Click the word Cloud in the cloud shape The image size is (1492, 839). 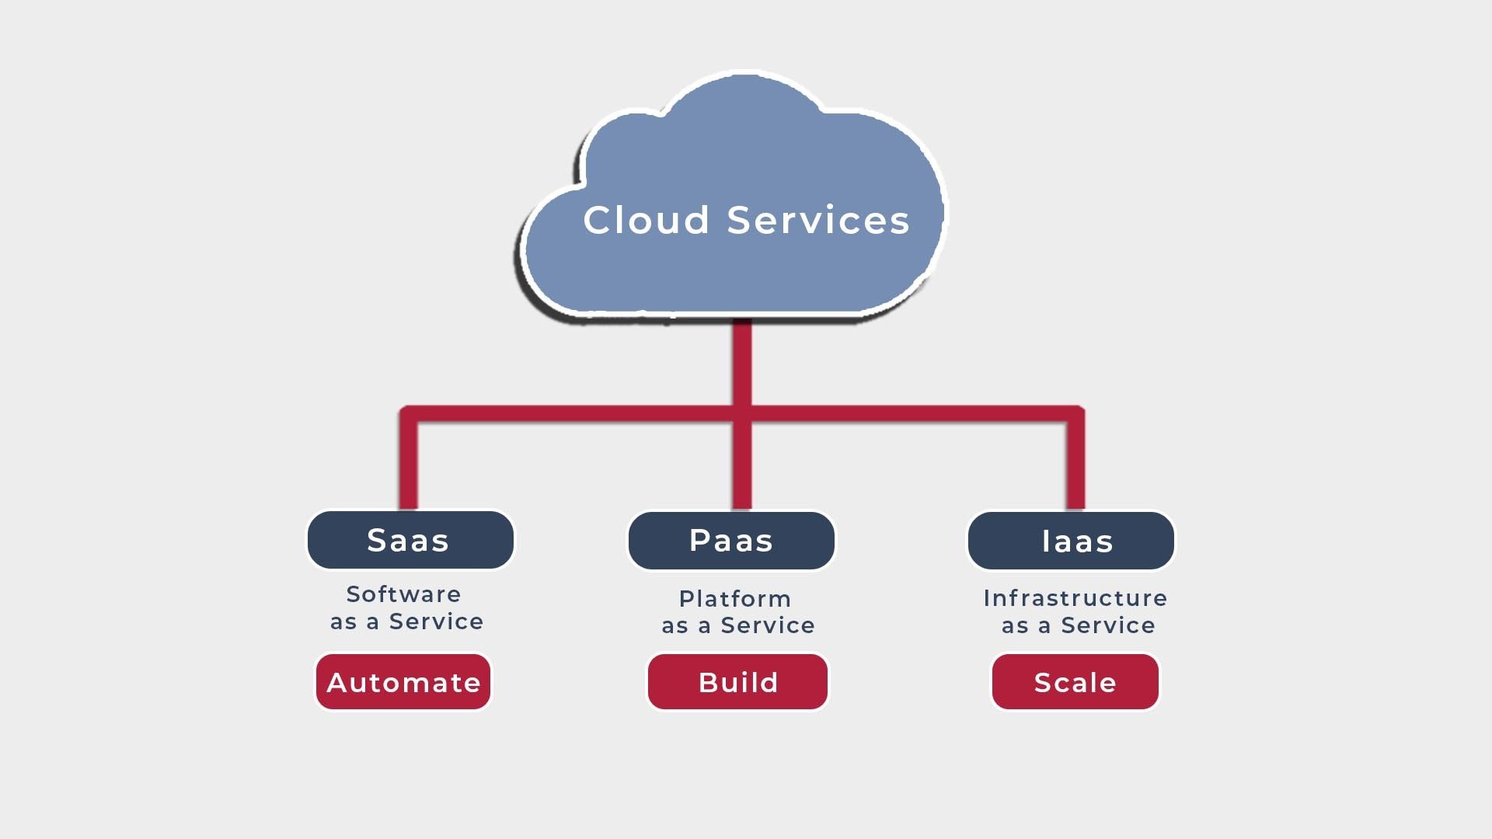point(646,221)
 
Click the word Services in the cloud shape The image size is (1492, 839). point(817,221)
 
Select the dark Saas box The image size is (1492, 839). point(410,540)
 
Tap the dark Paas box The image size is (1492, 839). point(731,540)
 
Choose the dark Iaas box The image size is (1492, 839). point(1071,541)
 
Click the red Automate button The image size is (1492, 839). point(403,682)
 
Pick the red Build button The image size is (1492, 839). point(737,682)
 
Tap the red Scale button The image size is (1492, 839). point(1075,682)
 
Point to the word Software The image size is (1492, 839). point(403,594)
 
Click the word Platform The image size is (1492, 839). point(735,599)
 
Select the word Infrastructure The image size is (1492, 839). point(1075,598)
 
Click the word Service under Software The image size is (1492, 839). point(436,621)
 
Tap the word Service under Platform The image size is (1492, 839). point(768,625)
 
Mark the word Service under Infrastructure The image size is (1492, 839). point(1108,625)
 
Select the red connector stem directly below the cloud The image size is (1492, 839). point(742,361)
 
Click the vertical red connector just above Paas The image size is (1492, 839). point(742,466)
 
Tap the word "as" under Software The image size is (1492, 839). point(343,622)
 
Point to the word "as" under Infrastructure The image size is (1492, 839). point(1015,626)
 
